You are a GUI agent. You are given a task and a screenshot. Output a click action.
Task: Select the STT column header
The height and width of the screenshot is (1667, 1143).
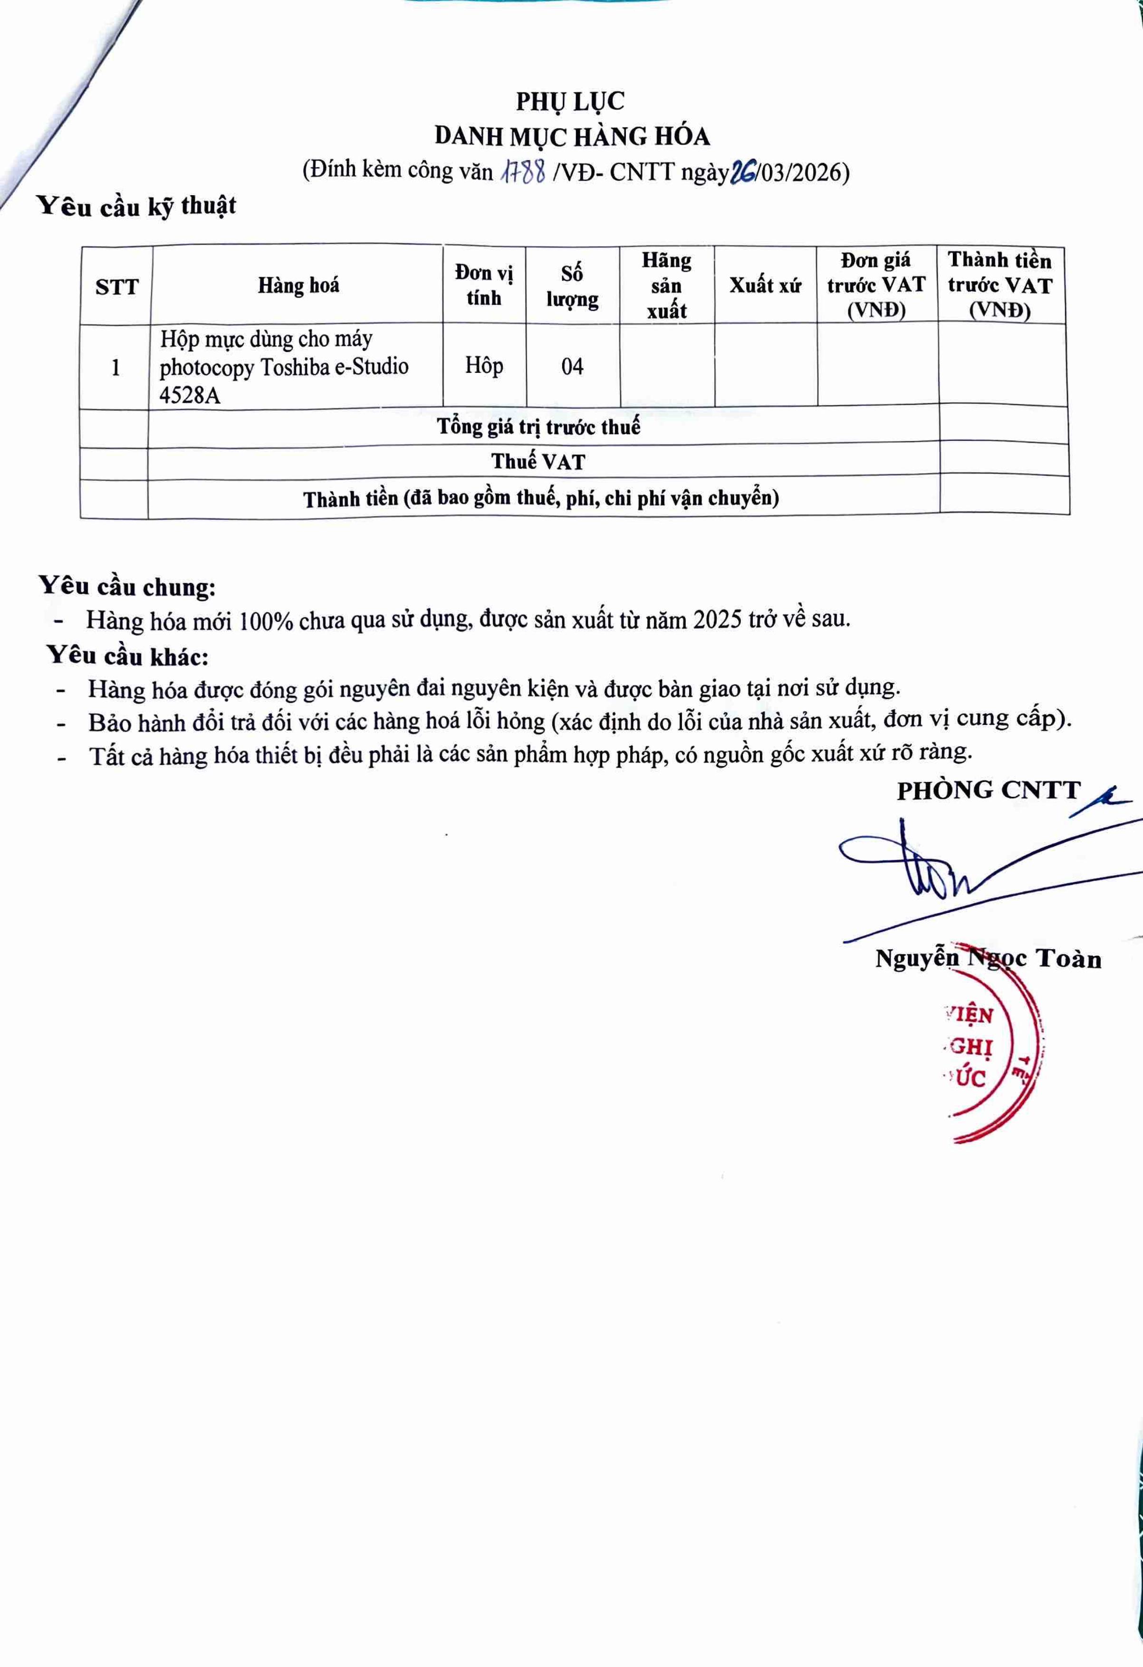[x=116, y=287]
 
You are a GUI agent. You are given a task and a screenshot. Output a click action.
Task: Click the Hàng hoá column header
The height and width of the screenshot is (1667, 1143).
[x=298, y=286]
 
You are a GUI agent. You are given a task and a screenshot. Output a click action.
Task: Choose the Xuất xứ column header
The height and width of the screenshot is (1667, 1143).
[x=765, y=286]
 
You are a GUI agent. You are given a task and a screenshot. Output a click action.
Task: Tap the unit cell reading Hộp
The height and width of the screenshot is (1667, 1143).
[x=484, y=365]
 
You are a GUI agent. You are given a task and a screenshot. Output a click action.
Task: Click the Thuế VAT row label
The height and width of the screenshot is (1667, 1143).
[x=538, y=462]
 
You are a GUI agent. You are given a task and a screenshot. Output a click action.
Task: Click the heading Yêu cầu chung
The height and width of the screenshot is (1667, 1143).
[x=127, y=586]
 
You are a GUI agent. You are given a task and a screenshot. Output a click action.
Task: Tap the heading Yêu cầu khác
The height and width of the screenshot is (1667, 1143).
[x=128, y=656]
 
